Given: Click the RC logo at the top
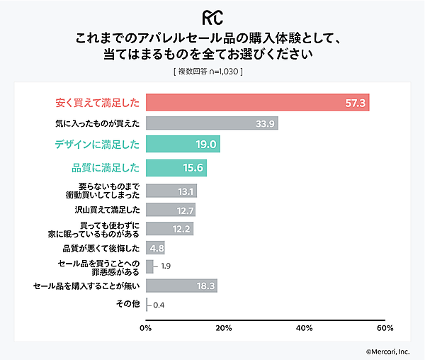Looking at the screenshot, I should click(x=212, y=16).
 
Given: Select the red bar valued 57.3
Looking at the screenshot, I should click(x=257, y=103).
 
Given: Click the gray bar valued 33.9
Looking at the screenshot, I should click(x=211, y=123).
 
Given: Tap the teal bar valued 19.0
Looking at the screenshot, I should click(x=183, y=145).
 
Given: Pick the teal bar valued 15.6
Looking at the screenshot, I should click(x=176, y=168).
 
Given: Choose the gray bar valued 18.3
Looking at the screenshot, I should click(x=181, y=286).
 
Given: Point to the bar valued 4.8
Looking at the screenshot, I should click(x=155, y=248).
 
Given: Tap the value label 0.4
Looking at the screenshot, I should click(x=159, y=305).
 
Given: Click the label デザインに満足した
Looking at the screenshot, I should click(x=97, y=145).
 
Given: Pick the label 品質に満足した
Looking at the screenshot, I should click(x=106, y=168).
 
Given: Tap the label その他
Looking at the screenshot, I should click(x=127, y=304).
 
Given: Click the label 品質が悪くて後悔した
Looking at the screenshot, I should click(x=105, y=248).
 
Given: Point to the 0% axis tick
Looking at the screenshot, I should click(x=146, y=328).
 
